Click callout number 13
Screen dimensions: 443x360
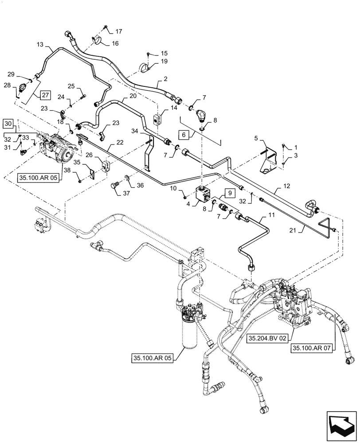click(40, 45)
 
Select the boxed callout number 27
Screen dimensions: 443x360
click(46, 95)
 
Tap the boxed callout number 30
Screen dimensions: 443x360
click(9, 123)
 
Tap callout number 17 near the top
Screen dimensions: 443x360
click(118, 31)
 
